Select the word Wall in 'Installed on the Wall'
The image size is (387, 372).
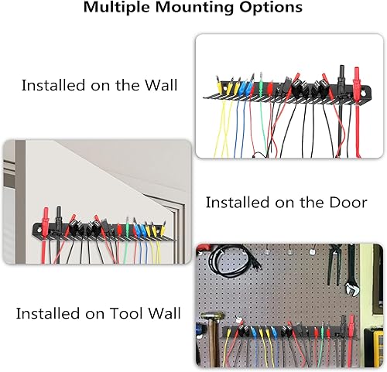157,85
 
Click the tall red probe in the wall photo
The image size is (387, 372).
358,80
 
